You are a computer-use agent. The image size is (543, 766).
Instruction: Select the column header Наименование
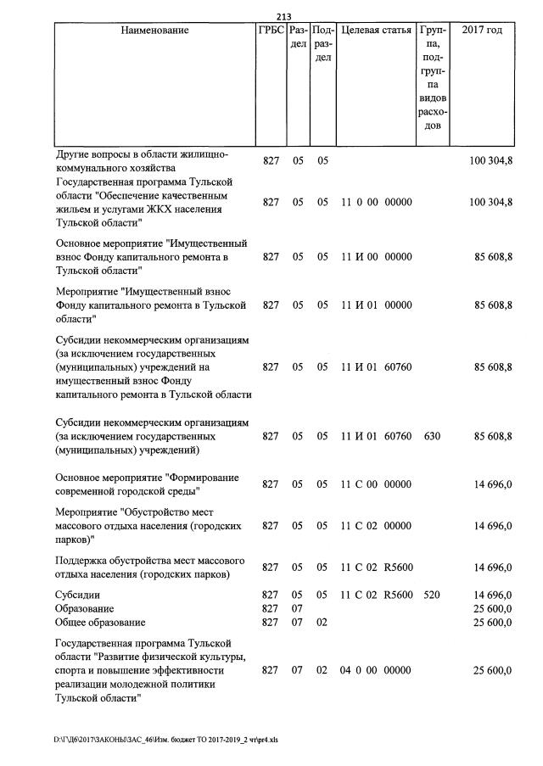(x=154, y=31)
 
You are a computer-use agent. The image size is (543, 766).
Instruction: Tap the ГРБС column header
(x=271, y=31)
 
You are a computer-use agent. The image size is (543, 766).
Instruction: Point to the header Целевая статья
(x=376, y=31)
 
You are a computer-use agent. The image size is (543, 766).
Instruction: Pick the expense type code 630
(x=432, y=436)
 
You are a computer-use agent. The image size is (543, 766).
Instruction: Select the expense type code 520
(x=432, y=595)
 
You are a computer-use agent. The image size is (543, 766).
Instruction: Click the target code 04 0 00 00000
(x=376, y=670)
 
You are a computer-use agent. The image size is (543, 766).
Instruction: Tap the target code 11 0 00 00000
(x=376, y=202)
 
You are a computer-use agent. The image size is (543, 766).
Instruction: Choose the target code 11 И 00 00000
(x=376, y=257)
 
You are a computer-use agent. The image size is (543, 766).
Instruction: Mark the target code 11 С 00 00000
(x=376, y=484)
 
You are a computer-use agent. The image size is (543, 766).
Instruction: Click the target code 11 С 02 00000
(x=376, y=526)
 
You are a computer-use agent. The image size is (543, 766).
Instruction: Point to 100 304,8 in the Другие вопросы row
(x=490, y=160)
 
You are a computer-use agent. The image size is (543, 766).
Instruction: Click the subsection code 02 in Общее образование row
(x=322, y=623)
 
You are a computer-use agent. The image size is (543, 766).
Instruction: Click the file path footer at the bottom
(x=165, y=740)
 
